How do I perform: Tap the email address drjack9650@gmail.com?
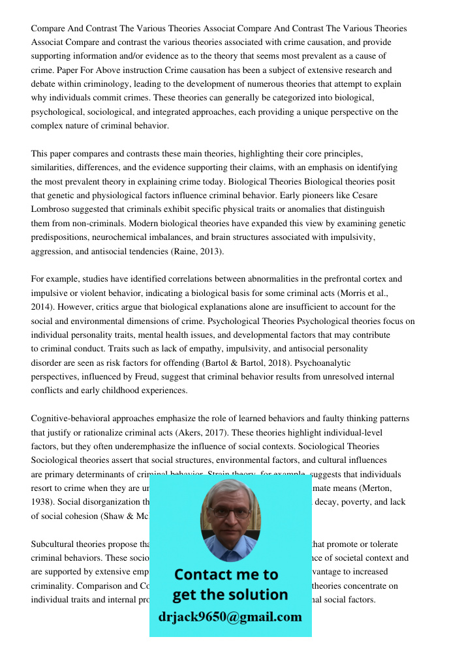pos(230,617)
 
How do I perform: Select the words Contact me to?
pos(226,574)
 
